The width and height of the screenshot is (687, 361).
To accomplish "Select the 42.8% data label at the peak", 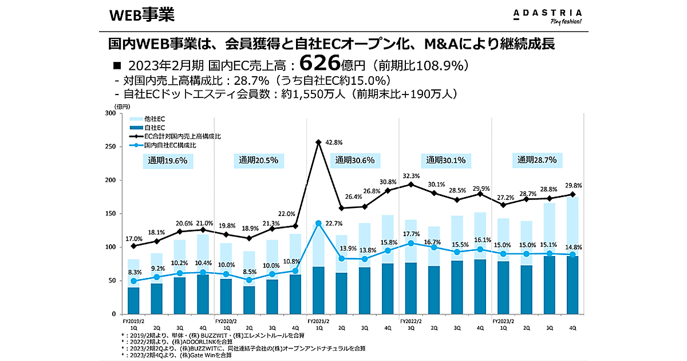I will [x=334, y=142].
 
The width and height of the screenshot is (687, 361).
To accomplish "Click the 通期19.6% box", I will [x=167, y=160].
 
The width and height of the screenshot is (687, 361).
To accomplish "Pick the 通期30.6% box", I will [x=355, y=160].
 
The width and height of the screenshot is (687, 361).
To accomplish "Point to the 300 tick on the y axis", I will [x=110, y=113].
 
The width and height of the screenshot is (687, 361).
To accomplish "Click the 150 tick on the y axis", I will [x=110, y=214].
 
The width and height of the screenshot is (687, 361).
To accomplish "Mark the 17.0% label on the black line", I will [x=134, y=238].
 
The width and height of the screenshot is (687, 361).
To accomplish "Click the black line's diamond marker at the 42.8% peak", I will [x=318, y=142].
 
